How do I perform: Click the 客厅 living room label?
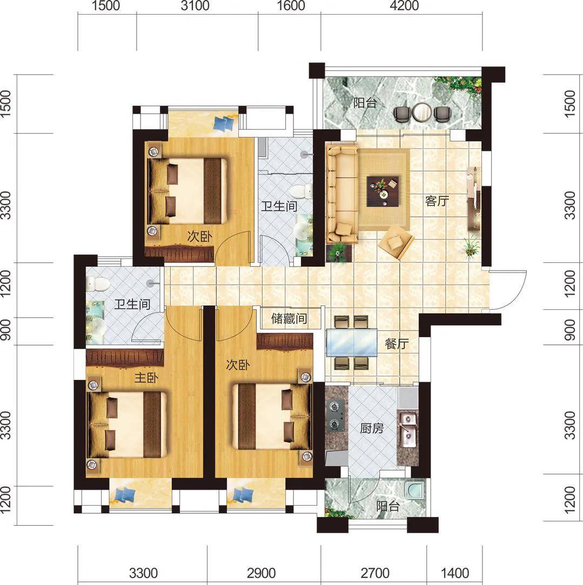click(437, 201)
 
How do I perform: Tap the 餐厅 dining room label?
click(397, 344)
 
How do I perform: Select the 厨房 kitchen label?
click(372, 428)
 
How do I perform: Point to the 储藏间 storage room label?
click(289, 318)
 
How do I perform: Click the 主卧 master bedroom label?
click(146, 378)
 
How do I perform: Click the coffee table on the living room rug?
click(383, 191)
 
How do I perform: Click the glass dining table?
click(351, 343)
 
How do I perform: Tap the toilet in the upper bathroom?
click(302, 192)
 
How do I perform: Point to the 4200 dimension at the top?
click(405, 5)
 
